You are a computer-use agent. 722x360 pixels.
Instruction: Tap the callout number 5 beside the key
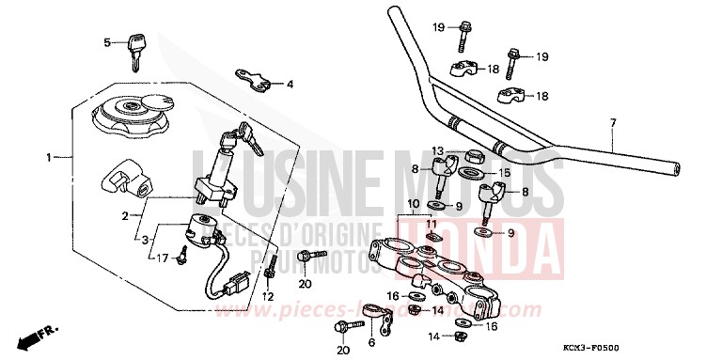[107, 41]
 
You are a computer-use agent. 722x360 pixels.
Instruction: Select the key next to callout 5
[136, 49]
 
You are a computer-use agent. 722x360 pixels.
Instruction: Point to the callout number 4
[290, 84]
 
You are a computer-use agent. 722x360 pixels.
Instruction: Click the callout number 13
[438, 150]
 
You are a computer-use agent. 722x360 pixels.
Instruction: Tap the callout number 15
[504, 173]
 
